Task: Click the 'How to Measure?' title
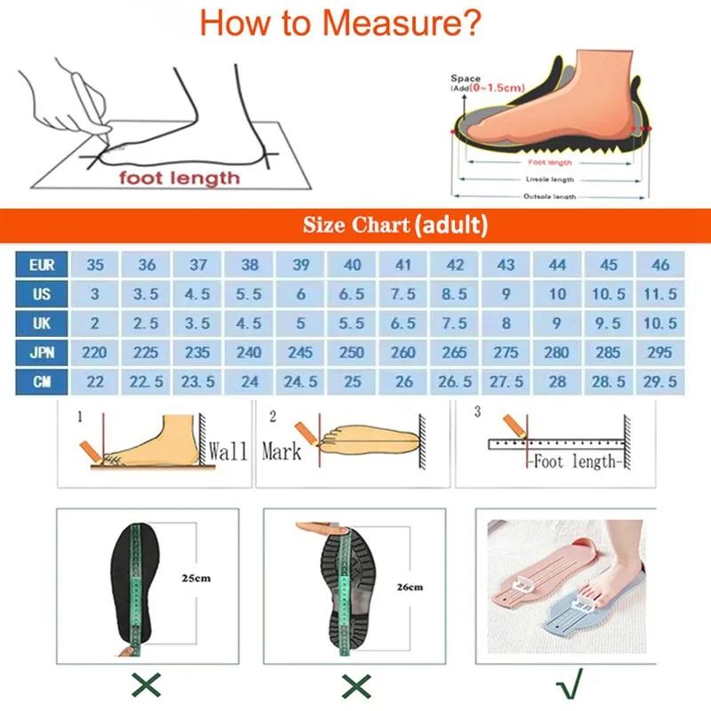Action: coord(341,21)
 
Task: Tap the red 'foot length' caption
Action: coord(180,178)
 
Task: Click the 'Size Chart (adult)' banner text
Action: coord(395,224)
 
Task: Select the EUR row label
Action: coord(41,265)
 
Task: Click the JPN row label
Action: coord(41,353)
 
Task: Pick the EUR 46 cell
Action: coord(660,265)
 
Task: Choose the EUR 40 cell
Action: coord(352,265)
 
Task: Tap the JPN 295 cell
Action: coord(660,353)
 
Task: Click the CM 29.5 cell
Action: coord(660,381)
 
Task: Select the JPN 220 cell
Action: coord(94,353)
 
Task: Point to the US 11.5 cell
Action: coord(660,294)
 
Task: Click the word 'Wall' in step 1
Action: coord(228,451)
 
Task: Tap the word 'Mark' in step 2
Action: coord(282,451)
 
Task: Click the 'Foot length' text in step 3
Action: coord(572,461)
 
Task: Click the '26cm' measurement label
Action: coord(410,587)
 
